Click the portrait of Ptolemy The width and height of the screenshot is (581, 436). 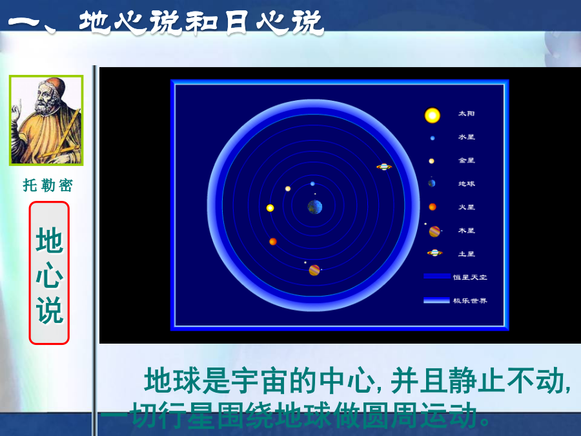point(46,121)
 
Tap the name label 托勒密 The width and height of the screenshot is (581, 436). point(48,185)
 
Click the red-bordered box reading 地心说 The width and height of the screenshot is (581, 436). point(49,273)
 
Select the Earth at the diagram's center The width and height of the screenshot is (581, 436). point(314,207)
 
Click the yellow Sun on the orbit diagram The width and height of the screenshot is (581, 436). point(270,208)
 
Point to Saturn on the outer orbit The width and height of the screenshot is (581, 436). point(384,167)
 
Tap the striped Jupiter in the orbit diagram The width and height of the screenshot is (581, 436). point(314,270)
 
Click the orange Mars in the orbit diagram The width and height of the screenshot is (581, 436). point(272,242)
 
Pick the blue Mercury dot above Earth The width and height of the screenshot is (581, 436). point(312,183)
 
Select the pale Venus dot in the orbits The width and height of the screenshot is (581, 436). point(287,189)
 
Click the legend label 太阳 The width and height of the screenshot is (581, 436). point(466,114)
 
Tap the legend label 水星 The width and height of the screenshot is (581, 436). point(466,137)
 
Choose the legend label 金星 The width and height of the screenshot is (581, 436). point(466,160)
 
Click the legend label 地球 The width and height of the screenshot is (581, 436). point(466,183)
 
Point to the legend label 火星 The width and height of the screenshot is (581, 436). point(466,207)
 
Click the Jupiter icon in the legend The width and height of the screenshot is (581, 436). point(434,231)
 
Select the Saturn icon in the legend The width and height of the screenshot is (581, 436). point(434,253)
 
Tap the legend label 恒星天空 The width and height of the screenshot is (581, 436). point(470,277)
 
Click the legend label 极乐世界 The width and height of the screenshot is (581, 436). point(470,300)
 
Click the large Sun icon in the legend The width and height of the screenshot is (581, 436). point(433,116)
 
